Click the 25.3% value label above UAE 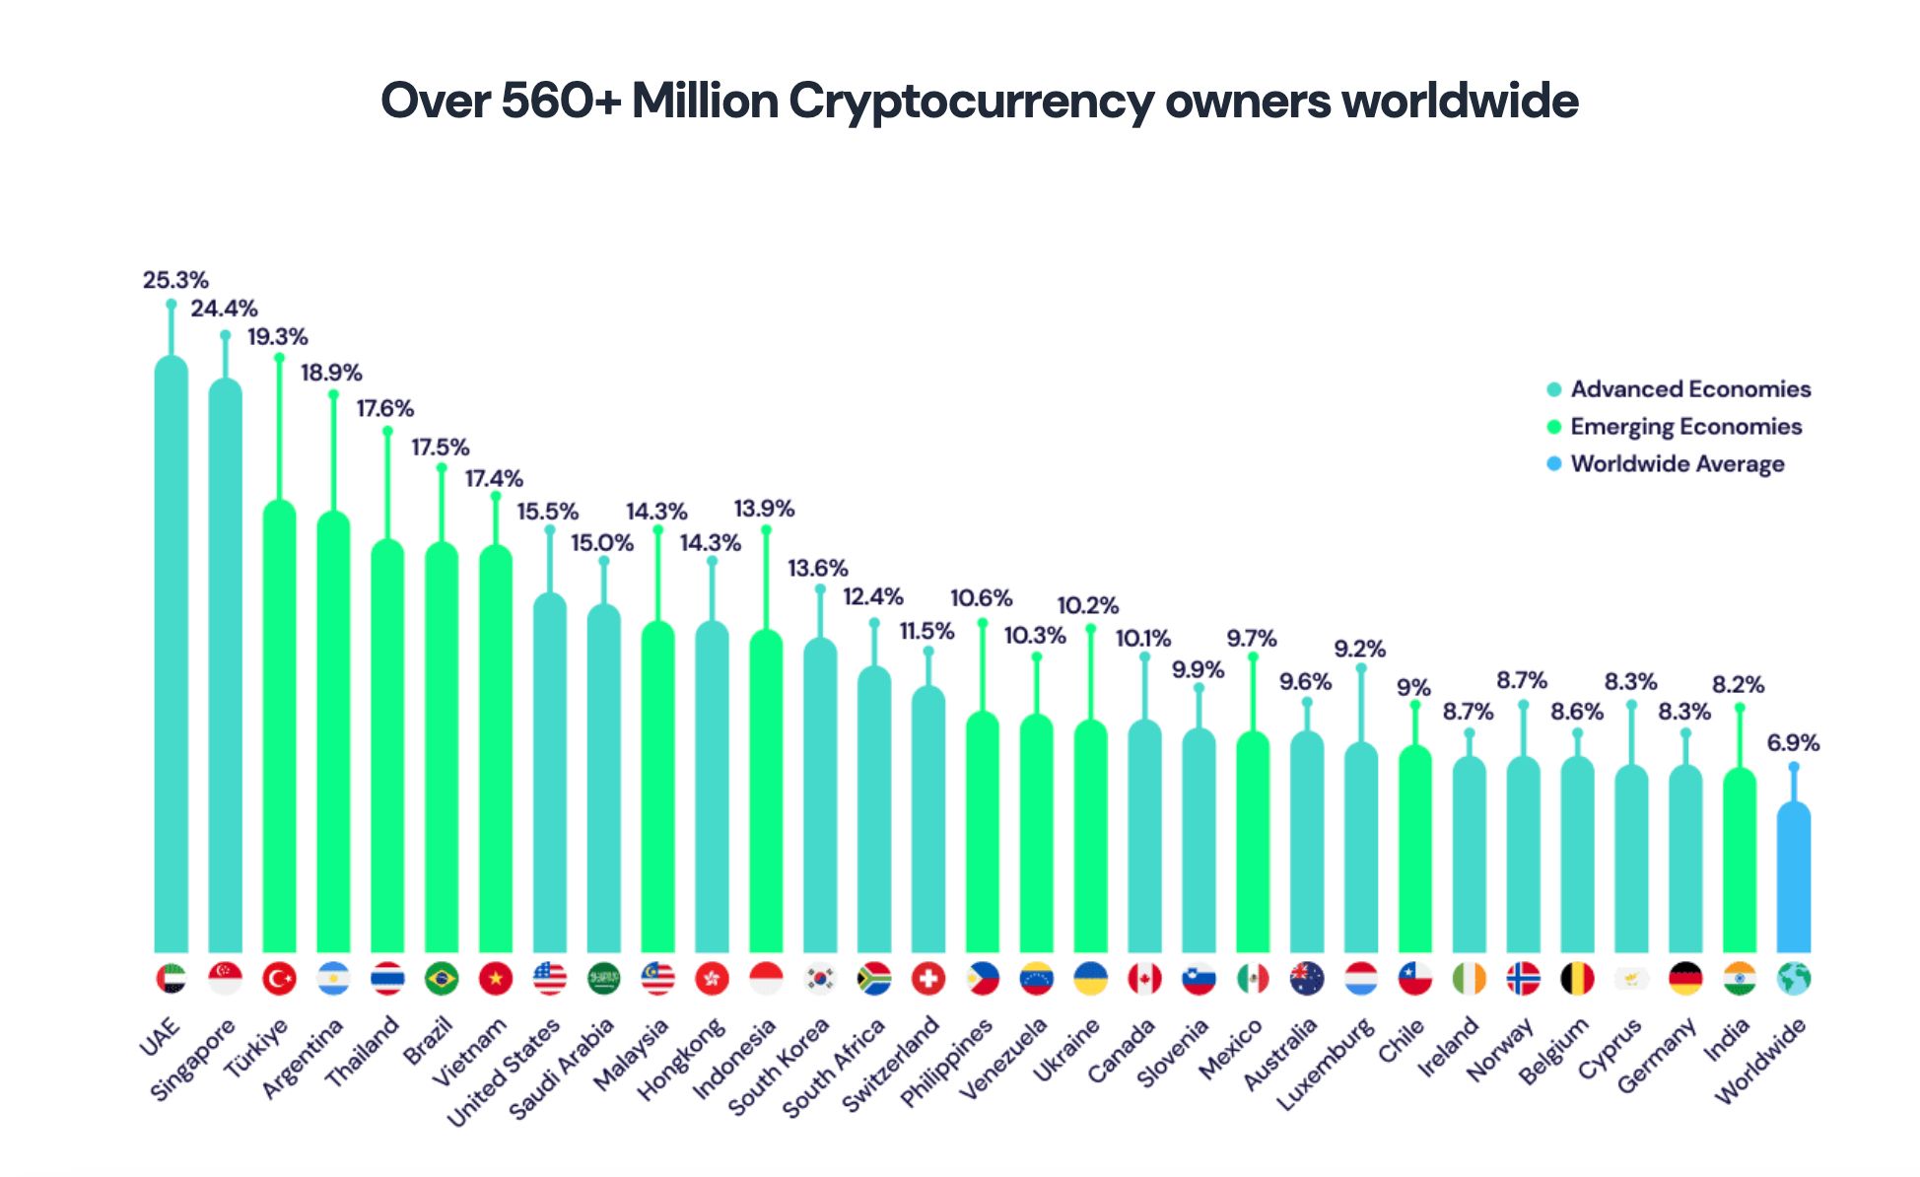(175, 281)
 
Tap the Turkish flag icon (279, 979)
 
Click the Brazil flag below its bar (442, 979)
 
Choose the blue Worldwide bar (1793, 877)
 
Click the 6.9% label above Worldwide (1793, 743)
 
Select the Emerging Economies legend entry (1685, 427)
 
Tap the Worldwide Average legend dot (1554, 463)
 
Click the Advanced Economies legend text (1690, 389)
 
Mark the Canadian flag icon (1144, 979)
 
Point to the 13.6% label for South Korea (817, 569)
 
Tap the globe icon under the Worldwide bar (1793, 979)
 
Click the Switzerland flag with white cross (927, 979)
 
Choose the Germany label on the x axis (1658, 1055)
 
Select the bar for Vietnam (496, 749)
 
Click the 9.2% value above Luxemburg (1359, 650)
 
